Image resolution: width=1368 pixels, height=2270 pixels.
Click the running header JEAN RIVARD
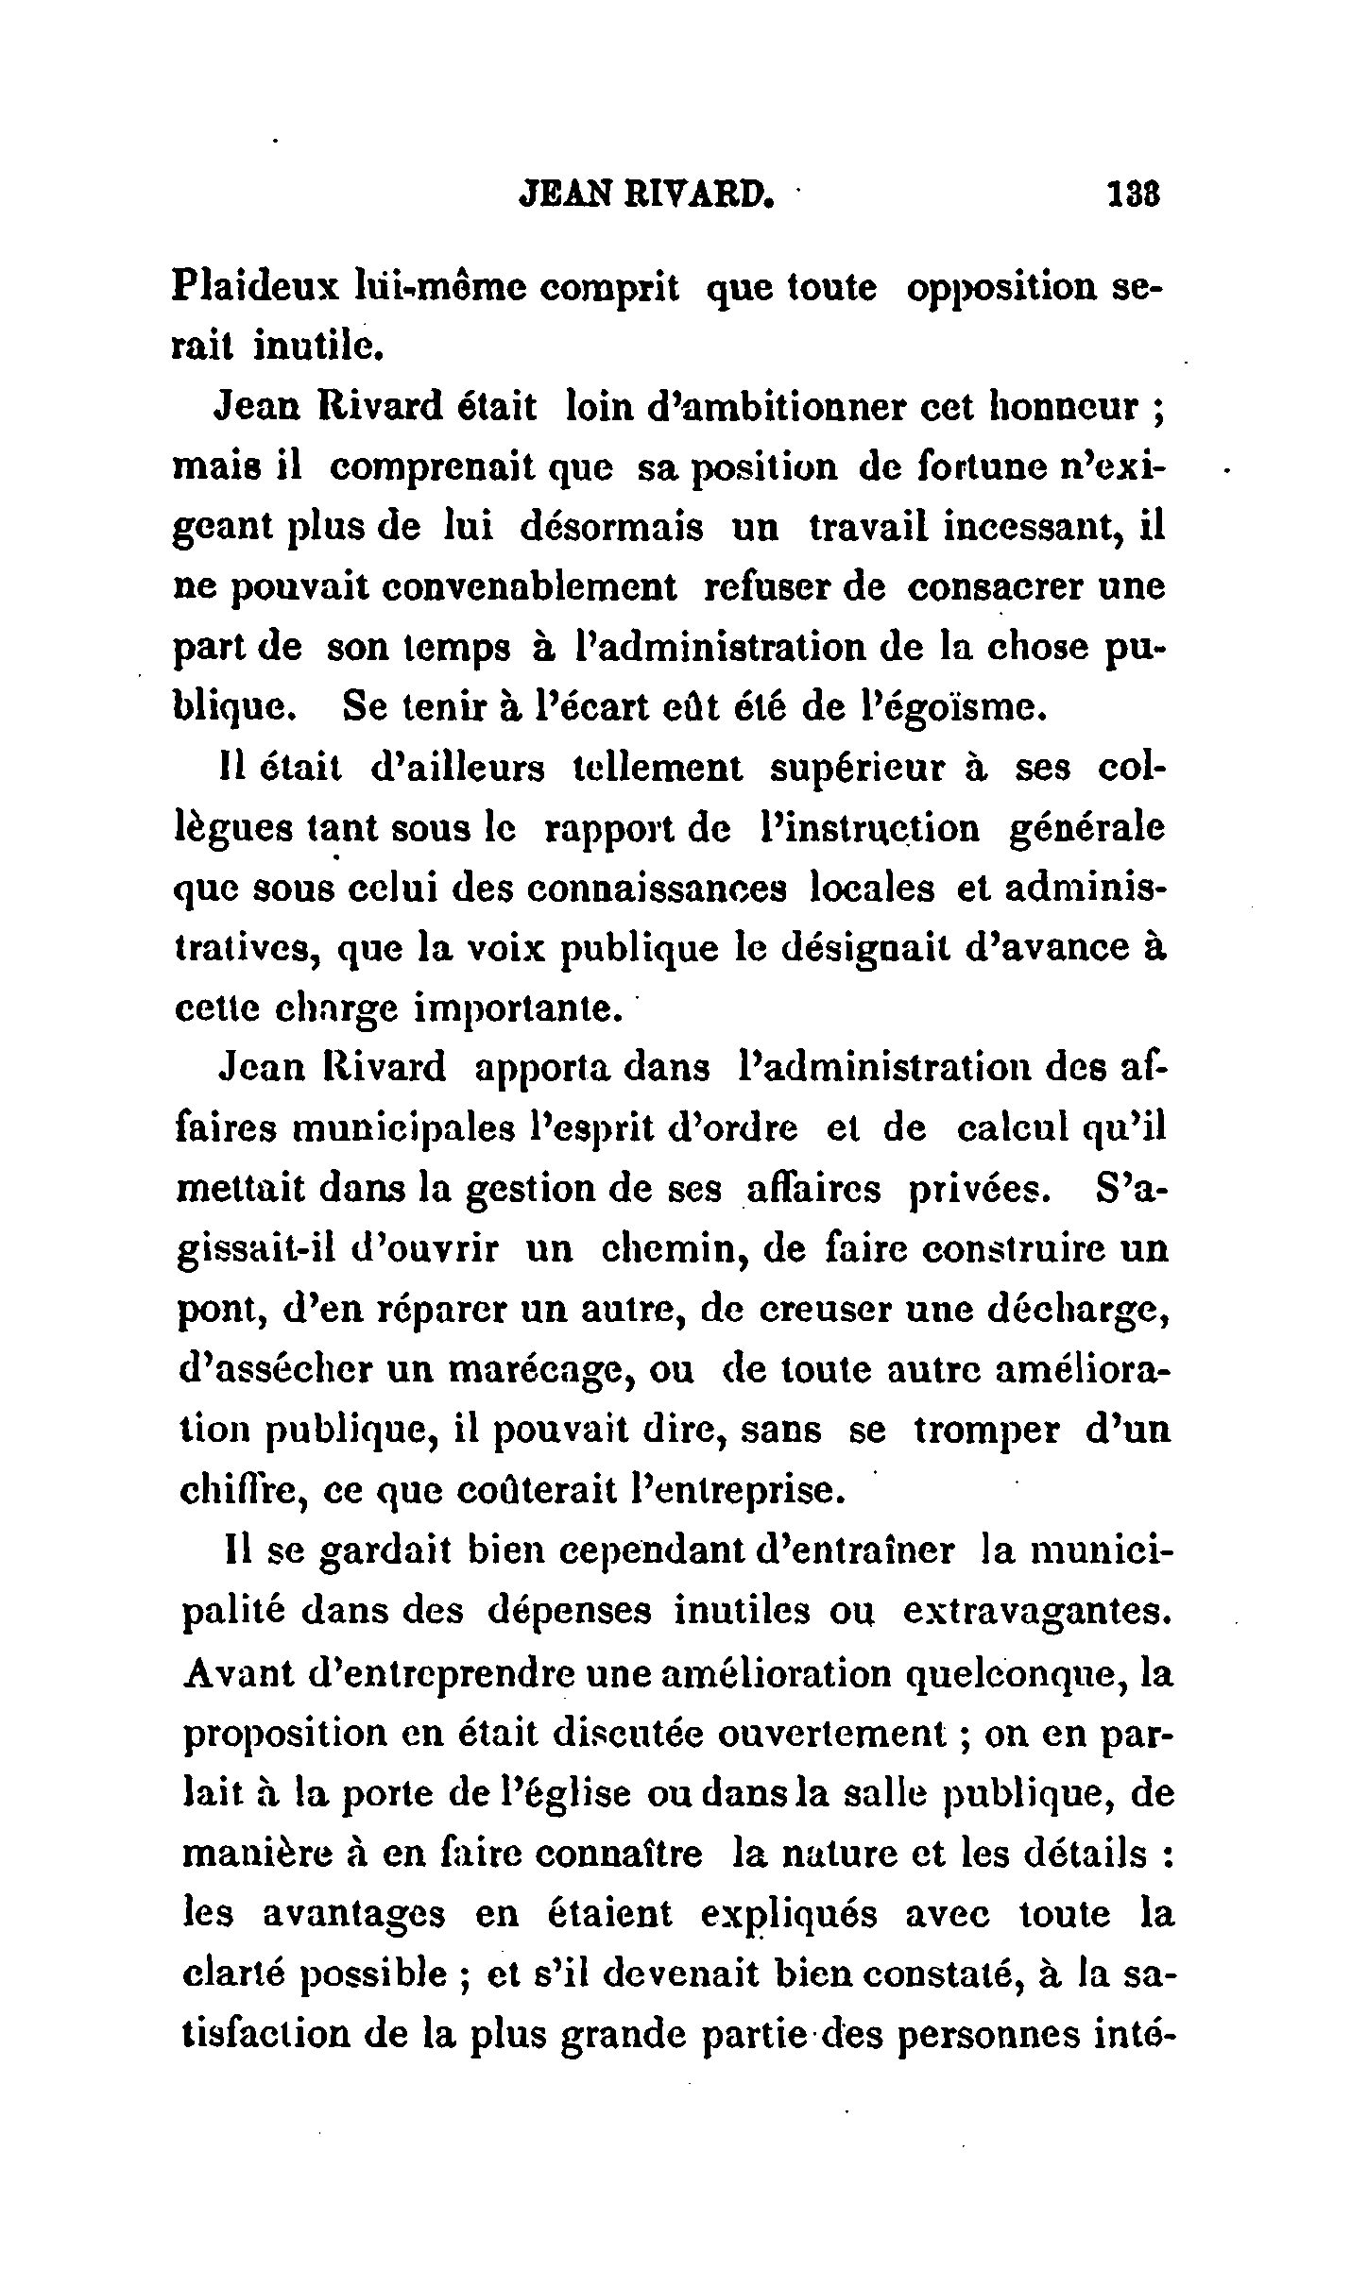[647, 195]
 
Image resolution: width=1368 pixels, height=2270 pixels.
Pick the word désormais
[611, 527]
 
